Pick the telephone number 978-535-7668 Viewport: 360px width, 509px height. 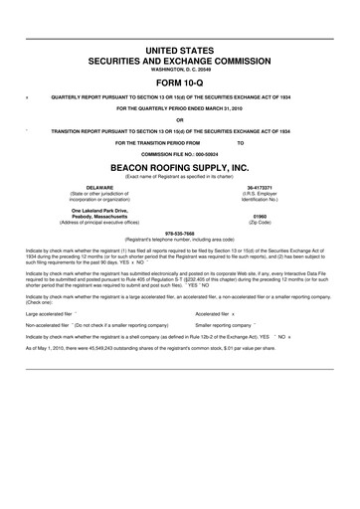click(x=179, y=235)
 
